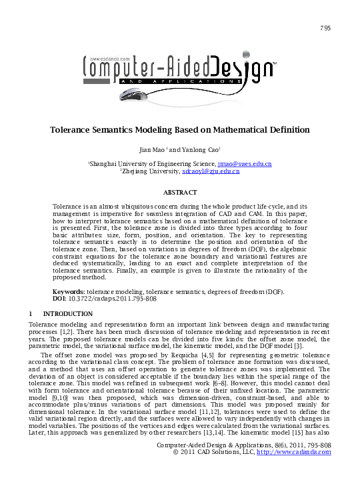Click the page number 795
(325, 27)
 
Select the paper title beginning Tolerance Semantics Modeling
(180, 129)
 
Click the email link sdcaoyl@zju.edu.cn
(211, 172)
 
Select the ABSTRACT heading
(180, 192)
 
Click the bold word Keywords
(69, 292)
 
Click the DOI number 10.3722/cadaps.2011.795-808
(111, 299)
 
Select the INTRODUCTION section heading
(67, 313)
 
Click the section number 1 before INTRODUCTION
(31, 313)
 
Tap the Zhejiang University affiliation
(151, 172)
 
